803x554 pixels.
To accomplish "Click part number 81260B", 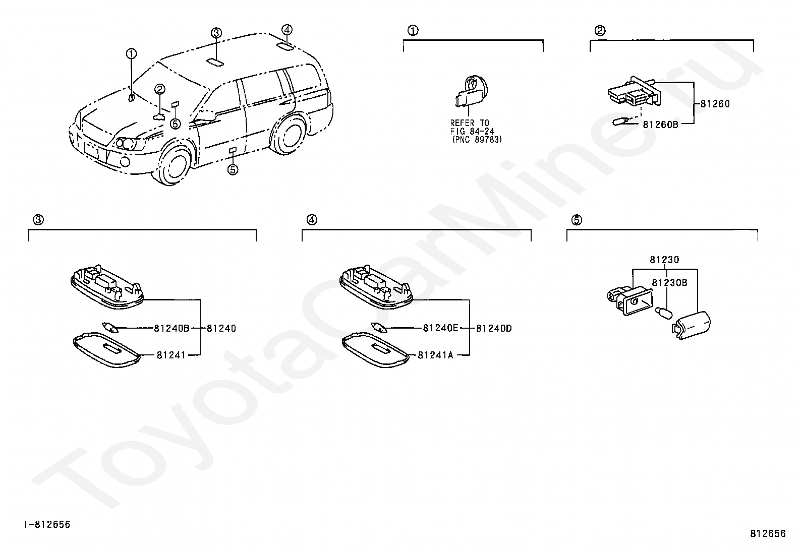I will tap(660, 124).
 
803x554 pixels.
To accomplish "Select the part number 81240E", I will tap(440, 328).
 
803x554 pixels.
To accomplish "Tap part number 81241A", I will tap(435, 355).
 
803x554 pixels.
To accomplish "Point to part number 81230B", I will tap(669, 283).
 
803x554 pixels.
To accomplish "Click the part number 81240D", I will tap(494, 328).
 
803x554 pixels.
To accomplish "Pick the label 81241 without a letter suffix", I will tap(171, 355).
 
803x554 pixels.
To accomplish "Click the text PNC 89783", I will tap(477, 140).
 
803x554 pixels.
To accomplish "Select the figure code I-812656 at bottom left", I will tap(48, 525).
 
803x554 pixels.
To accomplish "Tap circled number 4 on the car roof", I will tap(286, 30).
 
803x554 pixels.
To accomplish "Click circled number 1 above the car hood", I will tap(131, 53).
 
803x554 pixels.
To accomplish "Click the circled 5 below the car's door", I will tap(233, 169).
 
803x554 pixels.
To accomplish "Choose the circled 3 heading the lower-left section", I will tap(38, 220).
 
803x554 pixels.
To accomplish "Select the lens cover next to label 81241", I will tap(106, 349).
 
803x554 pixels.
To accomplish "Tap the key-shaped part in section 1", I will tap(469, 93).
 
